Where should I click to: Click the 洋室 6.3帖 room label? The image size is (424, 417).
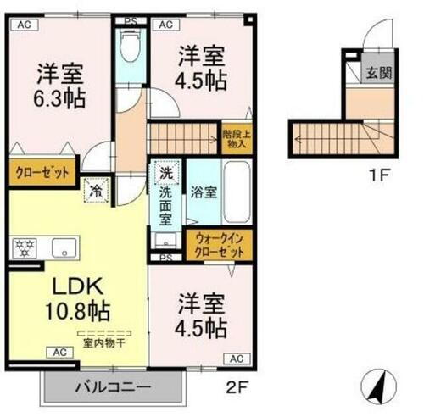click(x=59, y=85)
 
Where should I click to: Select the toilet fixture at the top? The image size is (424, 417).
click(x=131, y=47)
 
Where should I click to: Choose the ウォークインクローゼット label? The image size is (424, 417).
click(x=218, y=246)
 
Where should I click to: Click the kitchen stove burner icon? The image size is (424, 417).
click(x=23, y=247)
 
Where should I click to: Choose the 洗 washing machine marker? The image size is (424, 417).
click(x=165, y=174)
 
